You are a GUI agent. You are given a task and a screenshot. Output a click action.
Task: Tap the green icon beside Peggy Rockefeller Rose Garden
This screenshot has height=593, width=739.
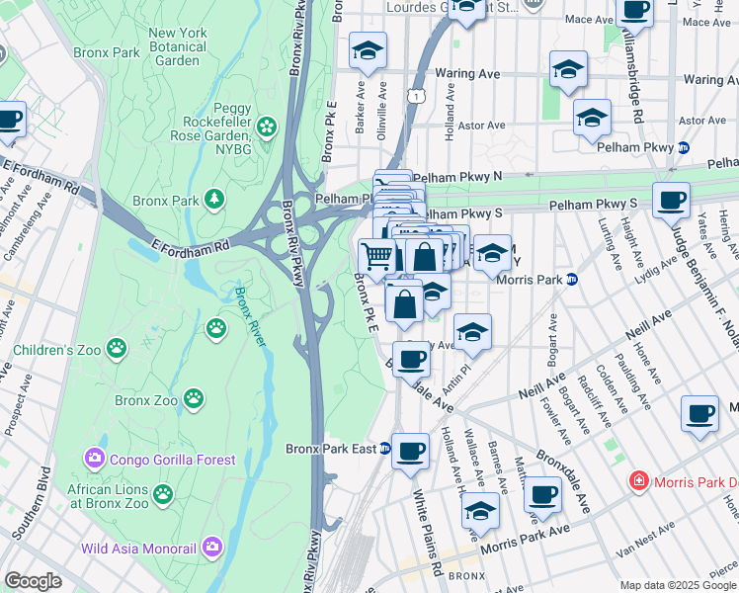coord(266,127)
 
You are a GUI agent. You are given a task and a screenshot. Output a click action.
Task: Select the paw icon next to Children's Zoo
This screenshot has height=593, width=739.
coord(118,348)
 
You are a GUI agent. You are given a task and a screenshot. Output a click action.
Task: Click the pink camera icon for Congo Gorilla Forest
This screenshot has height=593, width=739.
coord(94,459)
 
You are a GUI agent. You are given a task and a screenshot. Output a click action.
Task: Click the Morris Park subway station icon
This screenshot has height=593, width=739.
coord(571,280)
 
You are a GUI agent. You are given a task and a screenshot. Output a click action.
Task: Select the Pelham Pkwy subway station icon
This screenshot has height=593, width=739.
coord(683,147)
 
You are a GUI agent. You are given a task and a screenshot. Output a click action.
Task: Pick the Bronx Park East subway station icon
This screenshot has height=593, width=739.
coord(385,449)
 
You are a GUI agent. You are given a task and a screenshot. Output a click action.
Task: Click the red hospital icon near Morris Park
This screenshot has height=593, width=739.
coord(639,481)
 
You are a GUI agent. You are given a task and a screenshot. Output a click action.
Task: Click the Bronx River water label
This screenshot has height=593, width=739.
coord(250,316)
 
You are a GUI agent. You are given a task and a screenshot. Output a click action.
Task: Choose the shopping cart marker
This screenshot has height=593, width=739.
coord(377,257)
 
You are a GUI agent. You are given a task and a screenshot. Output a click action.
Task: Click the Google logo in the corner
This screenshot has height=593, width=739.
coord(33,581)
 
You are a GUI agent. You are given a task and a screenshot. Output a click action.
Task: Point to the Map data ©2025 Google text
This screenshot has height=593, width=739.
coord(677,585)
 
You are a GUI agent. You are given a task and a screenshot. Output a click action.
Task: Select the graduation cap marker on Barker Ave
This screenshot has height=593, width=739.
coord(368,50)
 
